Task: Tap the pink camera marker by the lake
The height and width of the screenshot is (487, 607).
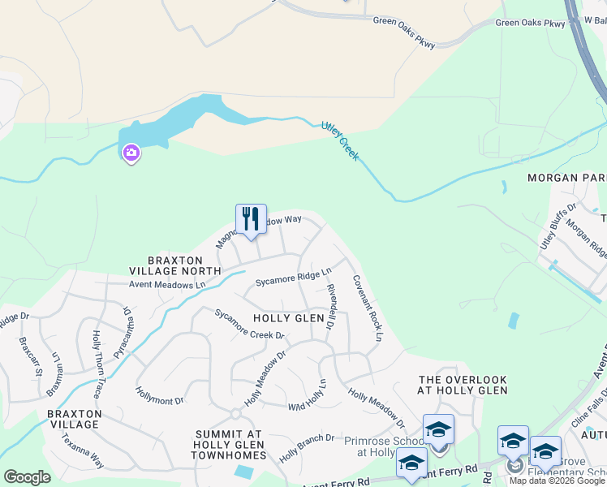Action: click(131, 153)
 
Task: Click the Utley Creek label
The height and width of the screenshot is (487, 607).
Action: click(339, 140)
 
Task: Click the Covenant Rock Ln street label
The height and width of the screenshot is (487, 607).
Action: click(366, 307)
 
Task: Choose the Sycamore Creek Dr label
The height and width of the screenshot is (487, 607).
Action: click(249, 324)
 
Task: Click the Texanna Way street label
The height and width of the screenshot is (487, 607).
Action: click(83, 450)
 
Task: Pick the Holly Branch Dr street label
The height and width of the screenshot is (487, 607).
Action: click(307, 448)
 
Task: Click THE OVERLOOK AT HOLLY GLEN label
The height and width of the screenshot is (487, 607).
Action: click(463, 385)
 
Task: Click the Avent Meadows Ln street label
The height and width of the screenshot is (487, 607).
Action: click(167, 285)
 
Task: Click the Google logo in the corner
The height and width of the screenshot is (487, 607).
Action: click(27, 477)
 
